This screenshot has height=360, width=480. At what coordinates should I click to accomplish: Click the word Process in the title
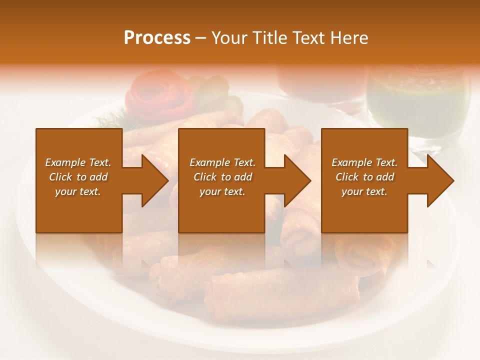coord(157,38)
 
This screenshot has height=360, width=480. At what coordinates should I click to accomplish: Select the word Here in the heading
coord(348,38)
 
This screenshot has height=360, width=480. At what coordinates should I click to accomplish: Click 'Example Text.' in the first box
coord(78,162)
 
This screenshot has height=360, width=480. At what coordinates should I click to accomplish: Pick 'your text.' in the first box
coord(78,191)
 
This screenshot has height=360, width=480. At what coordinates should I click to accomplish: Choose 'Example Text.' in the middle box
coord(222,162)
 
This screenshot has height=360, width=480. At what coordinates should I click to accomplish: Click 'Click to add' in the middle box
coord(222,177)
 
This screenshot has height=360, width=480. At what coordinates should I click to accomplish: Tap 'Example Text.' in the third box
coord(364,162)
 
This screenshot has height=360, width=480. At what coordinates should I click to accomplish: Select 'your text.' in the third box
coord(364,191)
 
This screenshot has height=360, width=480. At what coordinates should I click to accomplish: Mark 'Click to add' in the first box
coord(78,177)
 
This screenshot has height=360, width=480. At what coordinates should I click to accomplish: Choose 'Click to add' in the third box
coord(364,177)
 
